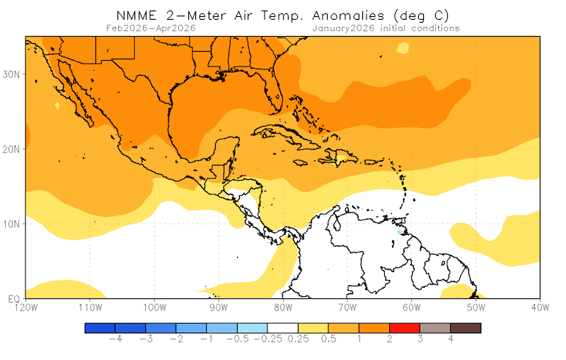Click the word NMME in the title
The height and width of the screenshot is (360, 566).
click(137, 15)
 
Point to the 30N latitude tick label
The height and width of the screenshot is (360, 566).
click(13, 74)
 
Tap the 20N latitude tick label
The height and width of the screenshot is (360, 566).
click(13, 149)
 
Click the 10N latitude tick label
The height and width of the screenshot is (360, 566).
click(13, 223)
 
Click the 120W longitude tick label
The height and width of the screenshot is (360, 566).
click(25, 307)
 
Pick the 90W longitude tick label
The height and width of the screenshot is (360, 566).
click(219, 307)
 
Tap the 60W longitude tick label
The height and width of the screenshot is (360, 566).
click(412, 307)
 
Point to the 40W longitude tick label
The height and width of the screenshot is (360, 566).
click(541, 307)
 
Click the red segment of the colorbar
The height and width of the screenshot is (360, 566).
click(405, 328)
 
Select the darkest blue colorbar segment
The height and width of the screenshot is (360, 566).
click(100, 328)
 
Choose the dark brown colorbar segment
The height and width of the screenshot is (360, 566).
click(466, 328)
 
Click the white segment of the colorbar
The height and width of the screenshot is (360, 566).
click(283, 328)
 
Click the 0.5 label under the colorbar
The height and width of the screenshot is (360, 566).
click(328, 339)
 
